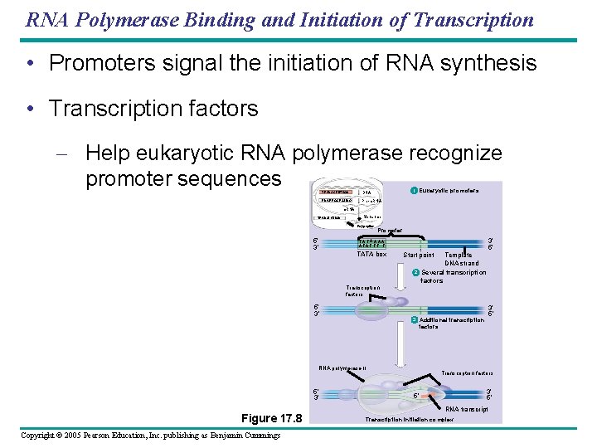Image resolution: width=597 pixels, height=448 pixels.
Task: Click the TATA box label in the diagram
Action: click(371, 254)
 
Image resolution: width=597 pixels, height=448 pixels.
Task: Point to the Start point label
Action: click(418, 255)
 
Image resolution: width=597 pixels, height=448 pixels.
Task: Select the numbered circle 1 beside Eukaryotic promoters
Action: click(415, 192)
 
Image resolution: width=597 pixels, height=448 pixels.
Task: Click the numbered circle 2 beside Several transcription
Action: click(416, 273)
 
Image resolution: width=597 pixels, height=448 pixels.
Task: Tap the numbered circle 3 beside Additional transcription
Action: click(415, 319)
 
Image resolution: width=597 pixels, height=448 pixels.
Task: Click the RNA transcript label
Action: click(466, 409)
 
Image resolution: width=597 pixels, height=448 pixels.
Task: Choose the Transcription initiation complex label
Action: click(410, 420)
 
